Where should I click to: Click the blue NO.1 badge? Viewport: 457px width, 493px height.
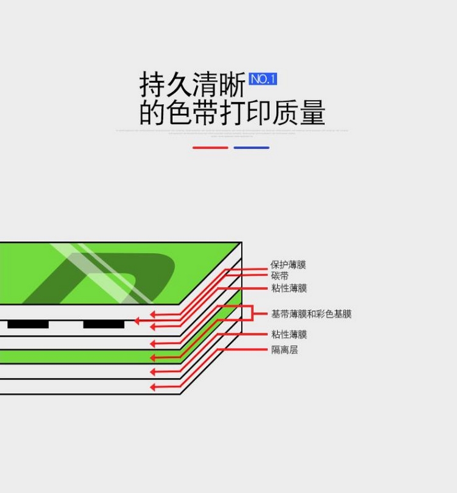point(263,79)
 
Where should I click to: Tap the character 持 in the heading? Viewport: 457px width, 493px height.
point(152,84)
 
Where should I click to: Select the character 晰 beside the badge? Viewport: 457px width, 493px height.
point(233,84)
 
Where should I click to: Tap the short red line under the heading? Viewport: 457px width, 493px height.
point(210,147)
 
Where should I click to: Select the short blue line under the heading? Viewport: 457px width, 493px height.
point(251,147)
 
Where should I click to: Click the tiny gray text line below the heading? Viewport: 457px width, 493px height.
point(232,130)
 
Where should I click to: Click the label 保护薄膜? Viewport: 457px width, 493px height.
point(288,265)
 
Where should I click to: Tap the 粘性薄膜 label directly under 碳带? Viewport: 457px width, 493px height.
point(289,288)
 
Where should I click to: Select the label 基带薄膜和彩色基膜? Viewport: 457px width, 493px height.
point(311,314)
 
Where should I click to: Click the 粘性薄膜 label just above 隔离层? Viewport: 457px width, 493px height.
point(289,334)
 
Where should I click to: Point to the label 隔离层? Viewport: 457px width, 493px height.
point(285,350)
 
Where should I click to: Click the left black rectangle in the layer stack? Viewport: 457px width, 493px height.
point(28,324)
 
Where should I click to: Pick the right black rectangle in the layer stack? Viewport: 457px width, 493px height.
point(104,324)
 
